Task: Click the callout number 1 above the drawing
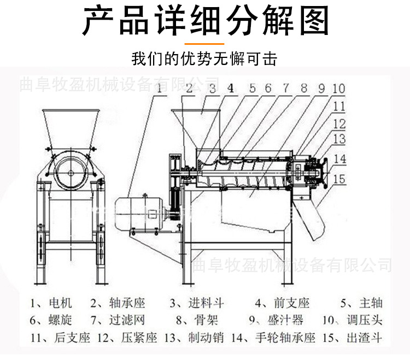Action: (160, 87)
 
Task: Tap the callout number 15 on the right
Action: (339, 179)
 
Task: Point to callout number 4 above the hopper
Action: (231, 87)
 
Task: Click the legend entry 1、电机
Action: (51, 303)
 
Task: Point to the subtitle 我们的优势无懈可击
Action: (205, 58)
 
